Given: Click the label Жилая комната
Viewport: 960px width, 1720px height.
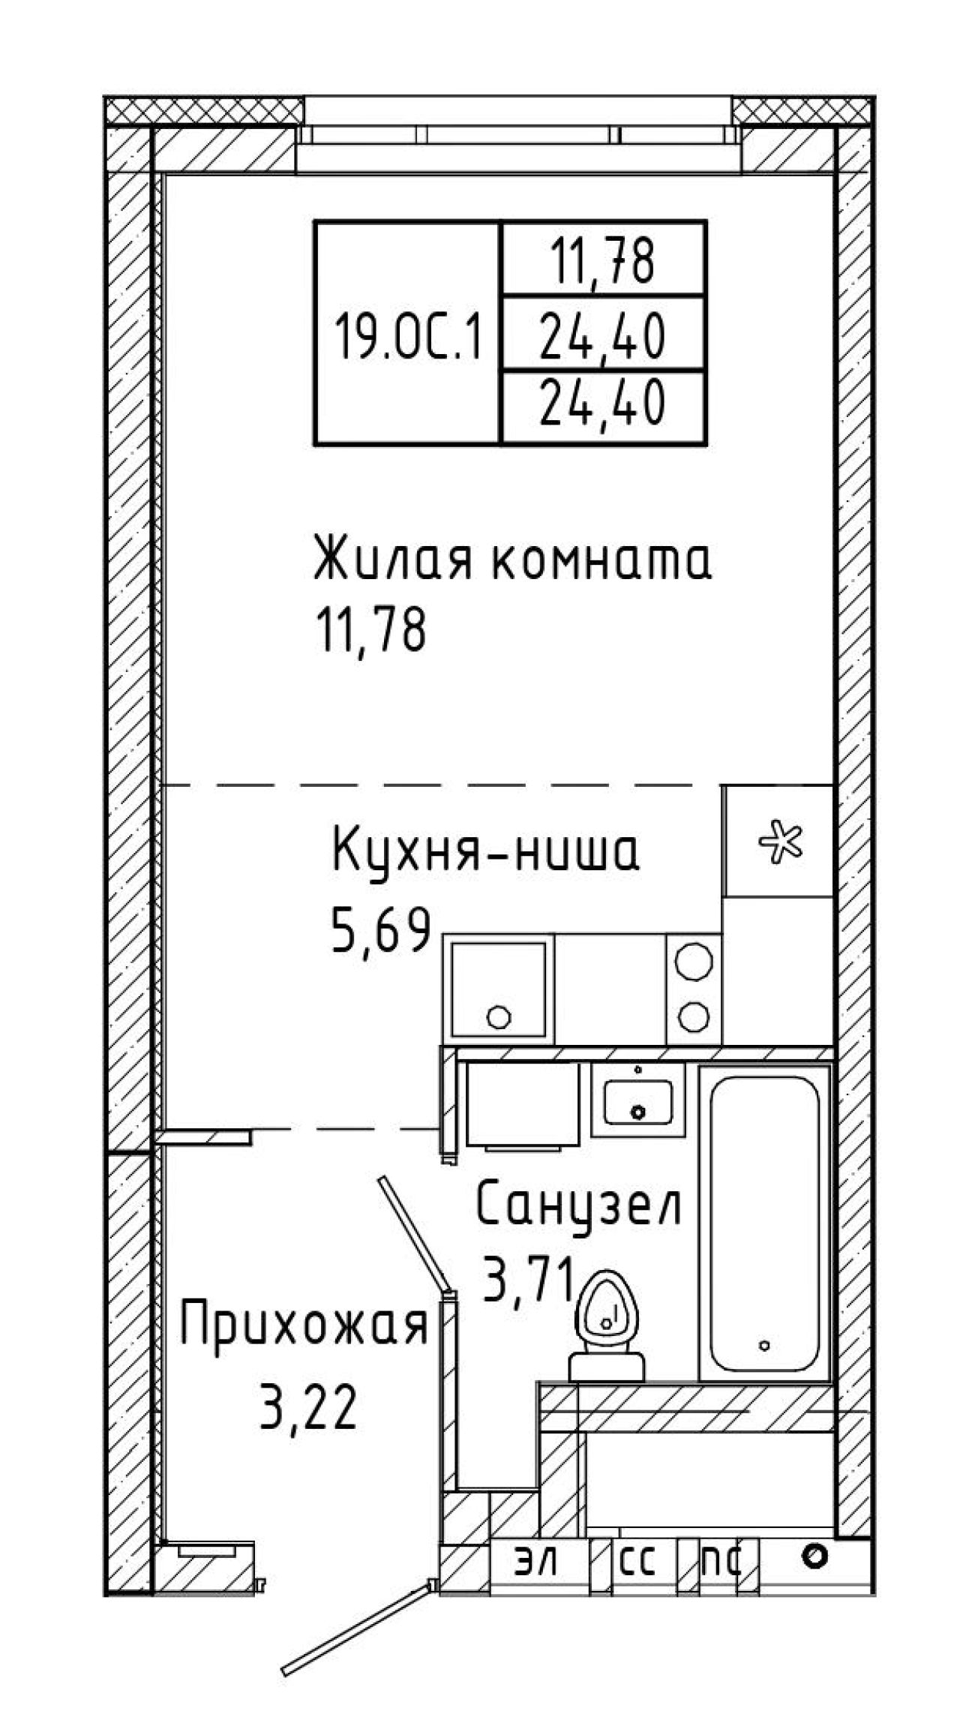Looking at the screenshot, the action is [512, 558].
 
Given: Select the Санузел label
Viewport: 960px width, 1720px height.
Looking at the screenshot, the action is [578, 1204].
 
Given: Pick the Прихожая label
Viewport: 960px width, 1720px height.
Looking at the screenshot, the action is [304, 1326].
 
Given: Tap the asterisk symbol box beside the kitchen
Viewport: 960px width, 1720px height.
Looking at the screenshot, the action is [778, 840].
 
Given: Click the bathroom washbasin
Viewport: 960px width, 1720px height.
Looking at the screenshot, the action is [638, 1100].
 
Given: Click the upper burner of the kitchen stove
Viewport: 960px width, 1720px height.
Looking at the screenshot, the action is [693, 960].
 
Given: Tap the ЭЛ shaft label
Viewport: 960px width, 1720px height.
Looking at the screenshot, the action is [536, 1562].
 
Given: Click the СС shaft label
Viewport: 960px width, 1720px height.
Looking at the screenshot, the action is [638, 1562].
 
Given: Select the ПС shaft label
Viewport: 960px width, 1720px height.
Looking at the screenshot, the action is [721, 1562].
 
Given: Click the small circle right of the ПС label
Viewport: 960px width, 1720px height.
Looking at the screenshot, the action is [814, 1556].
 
